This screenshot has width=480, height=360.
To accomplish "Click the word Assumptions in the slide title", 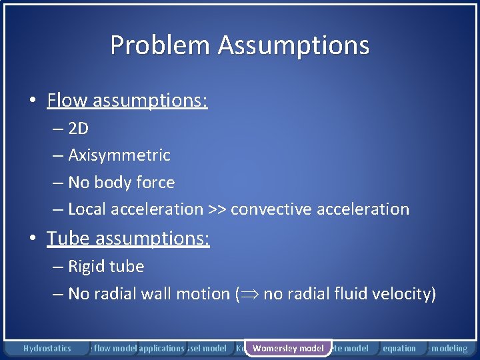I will [x=293, y=45].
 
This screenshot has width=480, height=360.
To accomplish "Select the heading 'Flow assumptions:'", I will [x=127, y=101].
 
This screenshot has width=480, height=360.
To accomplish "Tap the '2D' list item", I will [x=78, y=128].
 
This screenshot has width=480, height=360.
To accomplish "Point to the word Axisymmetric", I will [x=119, y=155].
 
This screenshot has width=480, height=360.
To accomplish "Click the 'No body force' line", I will [x=121, y=182].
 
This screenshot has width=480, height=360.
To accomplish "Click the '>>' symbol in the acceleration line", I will [x=217, y=209].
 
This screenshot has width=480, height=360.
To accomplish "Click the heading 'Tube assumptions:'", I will [x=128, y=238].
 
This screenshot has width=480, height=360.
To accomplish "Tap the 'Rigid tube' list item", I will [x=106, y=266].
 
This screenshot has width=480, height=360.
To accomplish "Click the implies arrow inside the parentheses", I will [x=249, y=294].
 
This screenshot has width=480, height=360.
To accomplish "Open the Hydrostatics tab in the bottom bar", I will [x=47, y=348].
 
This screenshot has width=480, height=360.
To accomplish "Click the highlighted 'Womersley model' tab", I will [x=288, y=348].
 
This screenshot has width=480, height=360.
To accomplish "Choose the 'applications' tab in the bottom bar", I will [x=161, y=348].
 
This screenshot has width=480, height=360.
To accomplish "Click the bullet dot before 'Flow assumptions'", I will [x=33, y=101].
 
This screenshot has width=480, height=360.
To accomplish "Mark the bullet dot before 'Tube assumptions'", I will [x=33, y=239].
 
